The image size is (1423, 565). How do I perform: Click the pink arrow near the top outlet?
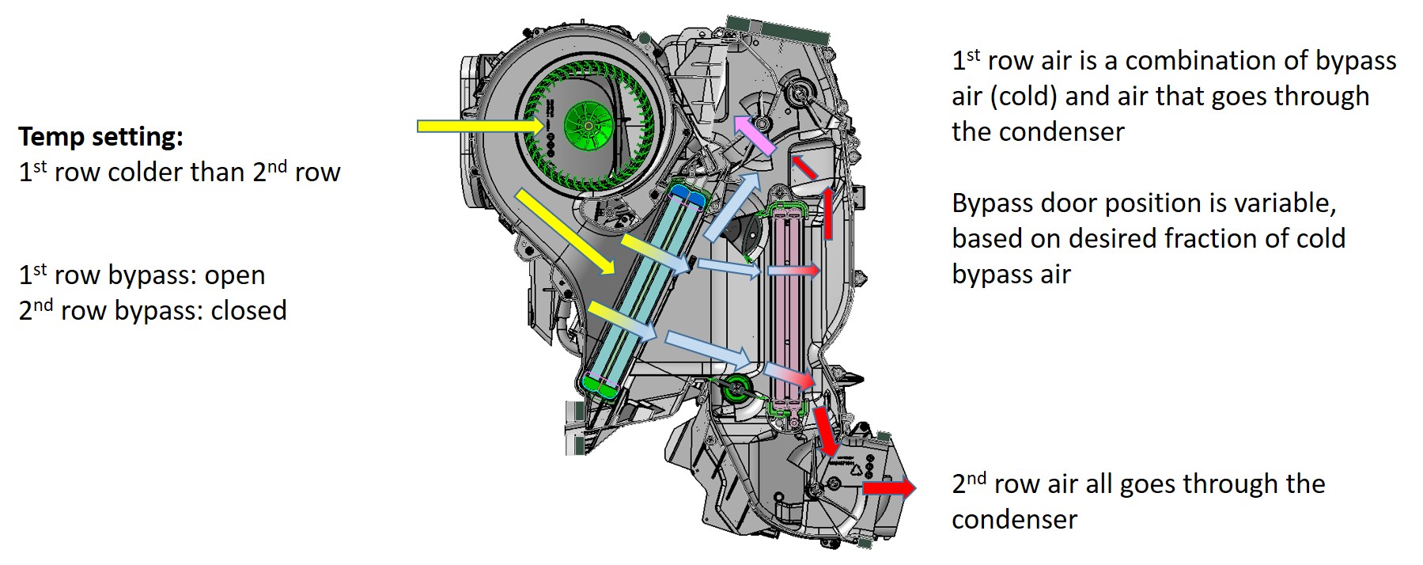pyautogui.click(x=755, y=135)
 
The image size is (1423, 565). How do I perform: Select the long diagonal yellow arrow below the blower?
pyautogui.click(x=565, y=232)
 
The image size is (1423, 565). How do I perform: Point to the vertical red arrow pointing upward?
pyautogui.click(x=827, y=212)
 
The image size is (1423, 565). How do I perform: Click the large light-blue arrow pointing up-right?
pyautogui.click(x=732, y=207)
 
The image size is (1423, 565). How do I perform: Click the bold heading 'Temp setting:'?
pyautogui.click(x=100, y=137)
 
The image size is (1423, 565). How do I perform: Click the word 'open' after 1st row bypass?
pyautogui.click(x=235, y=275)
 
